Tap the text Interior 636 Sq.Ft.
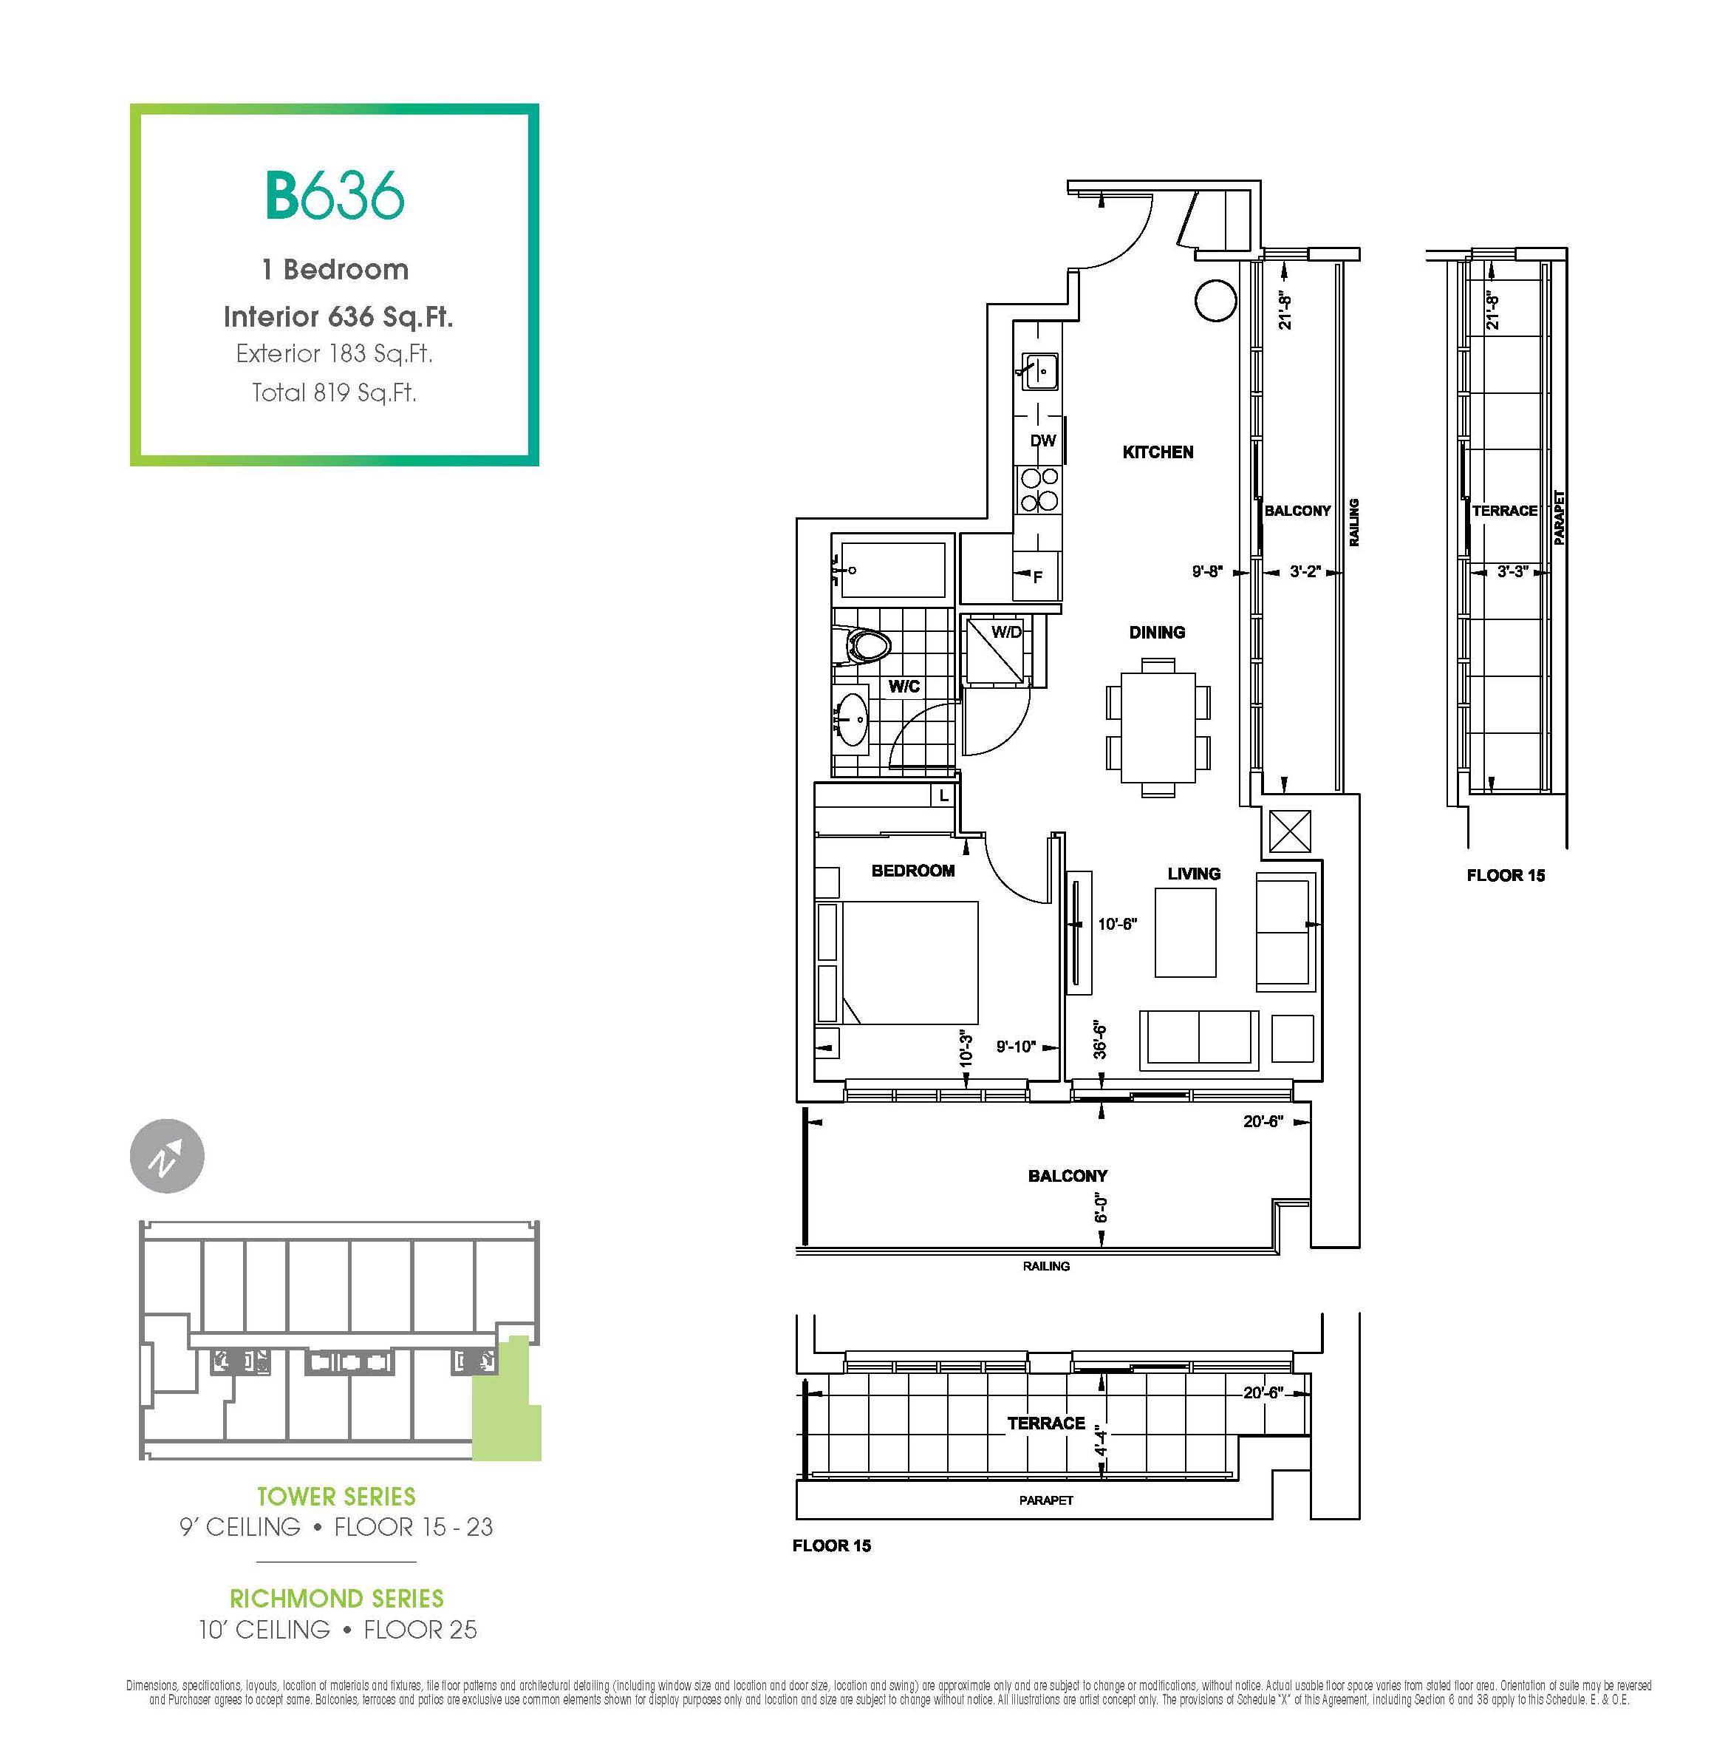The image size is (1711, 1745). coord(338,316)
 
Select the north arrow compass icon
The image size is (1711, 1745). coord(167,1156)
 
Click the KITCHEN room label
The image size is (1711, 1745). coord(1158,452)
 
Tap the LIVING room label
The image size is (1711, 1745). coord(1193,874)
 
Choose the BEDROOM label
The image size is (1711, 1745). coord(913,870)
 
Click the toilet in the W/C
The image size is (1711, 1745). coord(863,645)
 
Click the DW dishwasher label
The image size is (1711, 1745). coord(1042,440)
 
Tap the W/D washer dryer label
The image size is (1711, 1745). coord(1006,632)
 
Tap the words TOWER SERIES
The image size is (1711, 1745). coord(336,1497)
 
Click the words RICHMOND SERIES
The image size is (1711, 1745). coord(337,1599)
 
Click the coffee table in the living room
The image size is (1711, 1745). coord(1185,932)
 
